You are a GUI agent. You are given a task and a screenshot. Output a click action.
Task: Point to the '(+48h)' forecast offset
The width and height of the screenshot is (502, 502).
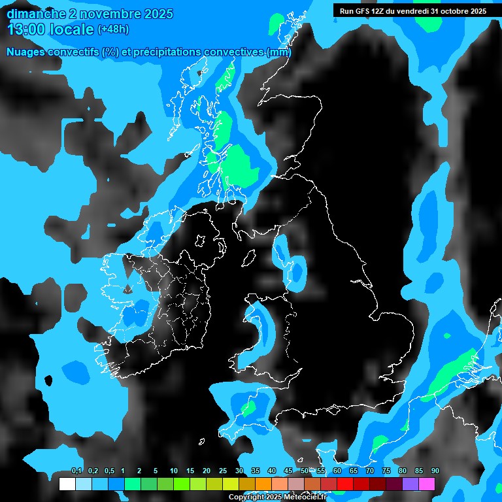(113, 29)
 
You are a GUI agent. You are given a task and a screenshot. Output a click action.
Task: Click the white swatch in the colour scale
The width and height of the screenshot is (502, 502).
(67, 484)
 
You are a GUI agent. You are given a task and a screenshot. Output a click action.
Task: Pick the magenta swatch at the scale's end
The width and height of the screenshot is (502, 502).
(427, 484)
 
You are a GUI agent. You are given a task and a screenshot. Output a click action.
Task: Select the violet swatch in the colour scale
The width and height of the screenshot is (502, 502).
(410, 484)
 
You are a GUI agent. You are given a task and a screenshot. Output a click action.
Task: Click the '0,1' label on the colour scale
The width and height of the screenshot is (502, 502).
(76, 471)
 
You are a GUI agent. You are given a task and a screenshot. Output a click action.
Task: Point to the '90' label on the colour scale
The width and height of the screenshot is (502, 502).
(435, 471)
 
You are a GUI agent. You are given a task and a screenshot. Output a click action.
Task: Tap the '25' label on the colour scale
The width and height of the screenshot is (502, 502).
(223, 471)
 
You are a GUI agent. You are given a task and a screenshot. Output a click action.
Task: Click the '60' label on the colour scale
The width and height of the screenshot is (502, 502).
(337, 471)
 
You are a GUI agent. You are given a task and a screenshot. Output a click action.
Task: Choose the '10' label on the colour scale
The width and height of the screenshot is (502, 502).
(174, 471)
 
